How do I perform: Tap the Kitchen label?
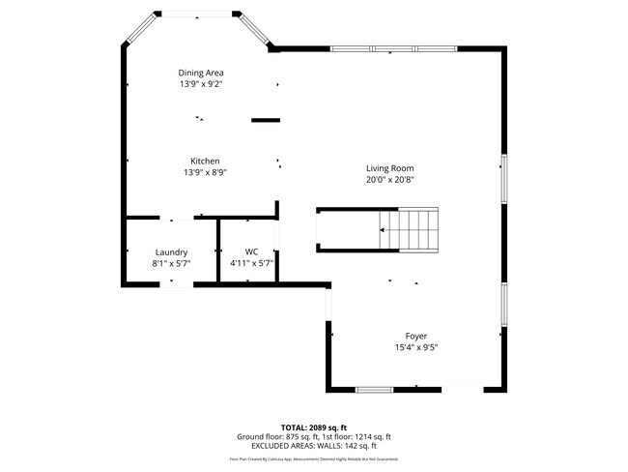coord(204,161)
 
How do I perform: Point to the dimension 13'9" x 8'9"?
coord(204,172)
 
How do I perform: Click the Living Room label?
coord(389,167)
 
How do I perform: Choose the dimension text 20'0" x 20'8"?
coord(389,179)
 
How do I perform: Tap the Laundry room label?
coord(170,251)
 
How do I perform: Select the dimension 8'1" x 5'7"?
coord(170,263)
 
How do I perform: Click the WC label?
coord(251,251)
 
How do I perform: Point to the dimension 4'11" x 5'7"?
coord(251,263)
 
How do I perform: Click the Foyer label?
coord(416,336)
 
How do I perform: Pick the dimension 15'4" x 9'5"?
coord(416,347)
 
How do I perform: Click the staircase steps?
coord(412,229)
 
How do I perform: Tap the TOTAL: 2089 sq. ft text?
coord(314,427)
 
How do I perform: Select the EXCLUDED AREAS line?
coord(314,446)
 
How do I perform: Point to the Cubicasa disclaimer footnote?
coord(314,458)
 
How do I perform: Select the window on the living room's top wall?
coord(392,48)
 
